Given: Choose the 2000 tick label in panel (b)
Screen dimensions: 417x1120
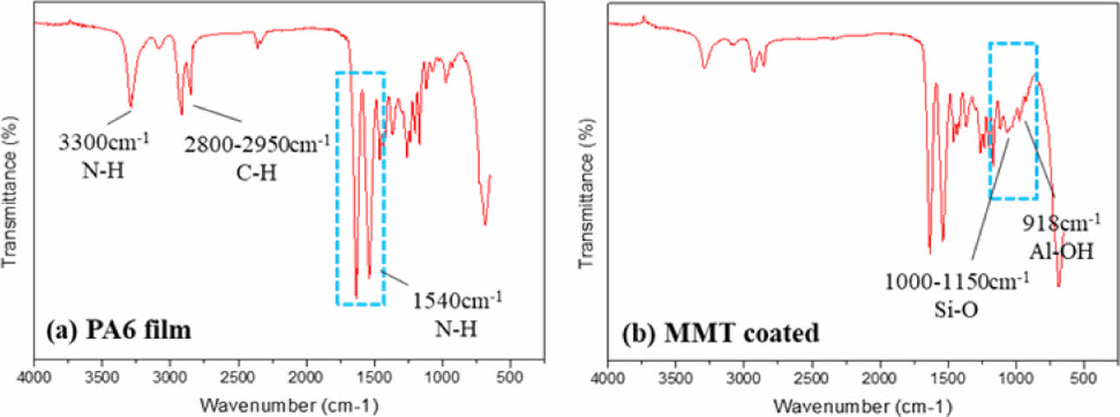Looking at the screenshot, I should pos(880,378).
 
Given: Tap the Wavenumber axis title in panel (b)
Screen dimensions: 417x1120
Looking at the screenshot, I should pos(863,405).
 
